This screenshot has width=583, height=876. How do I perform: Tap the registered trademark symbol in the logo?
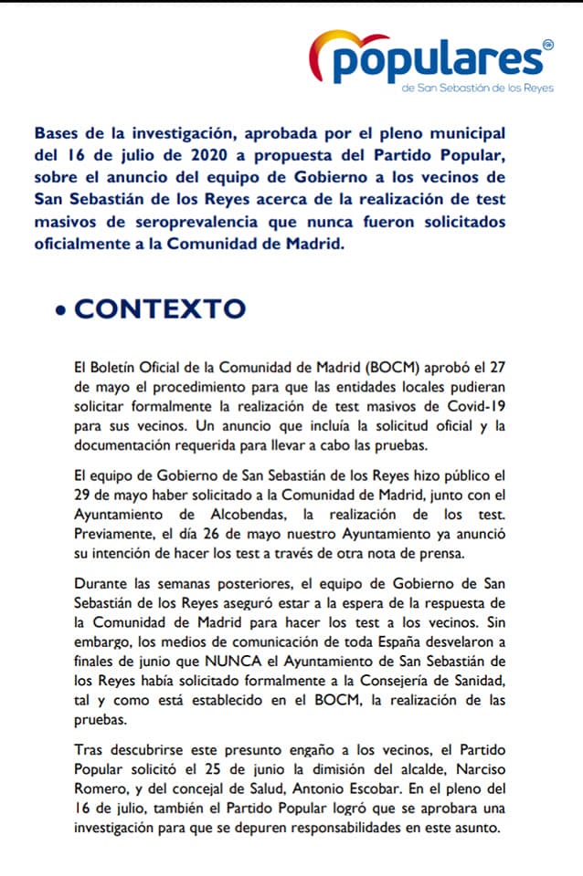(547, 44)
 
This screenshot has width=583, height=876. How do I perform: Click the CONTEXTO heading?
(160, 308)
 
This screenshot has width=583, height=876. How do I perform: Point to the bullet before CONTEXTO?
(60, 310)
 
